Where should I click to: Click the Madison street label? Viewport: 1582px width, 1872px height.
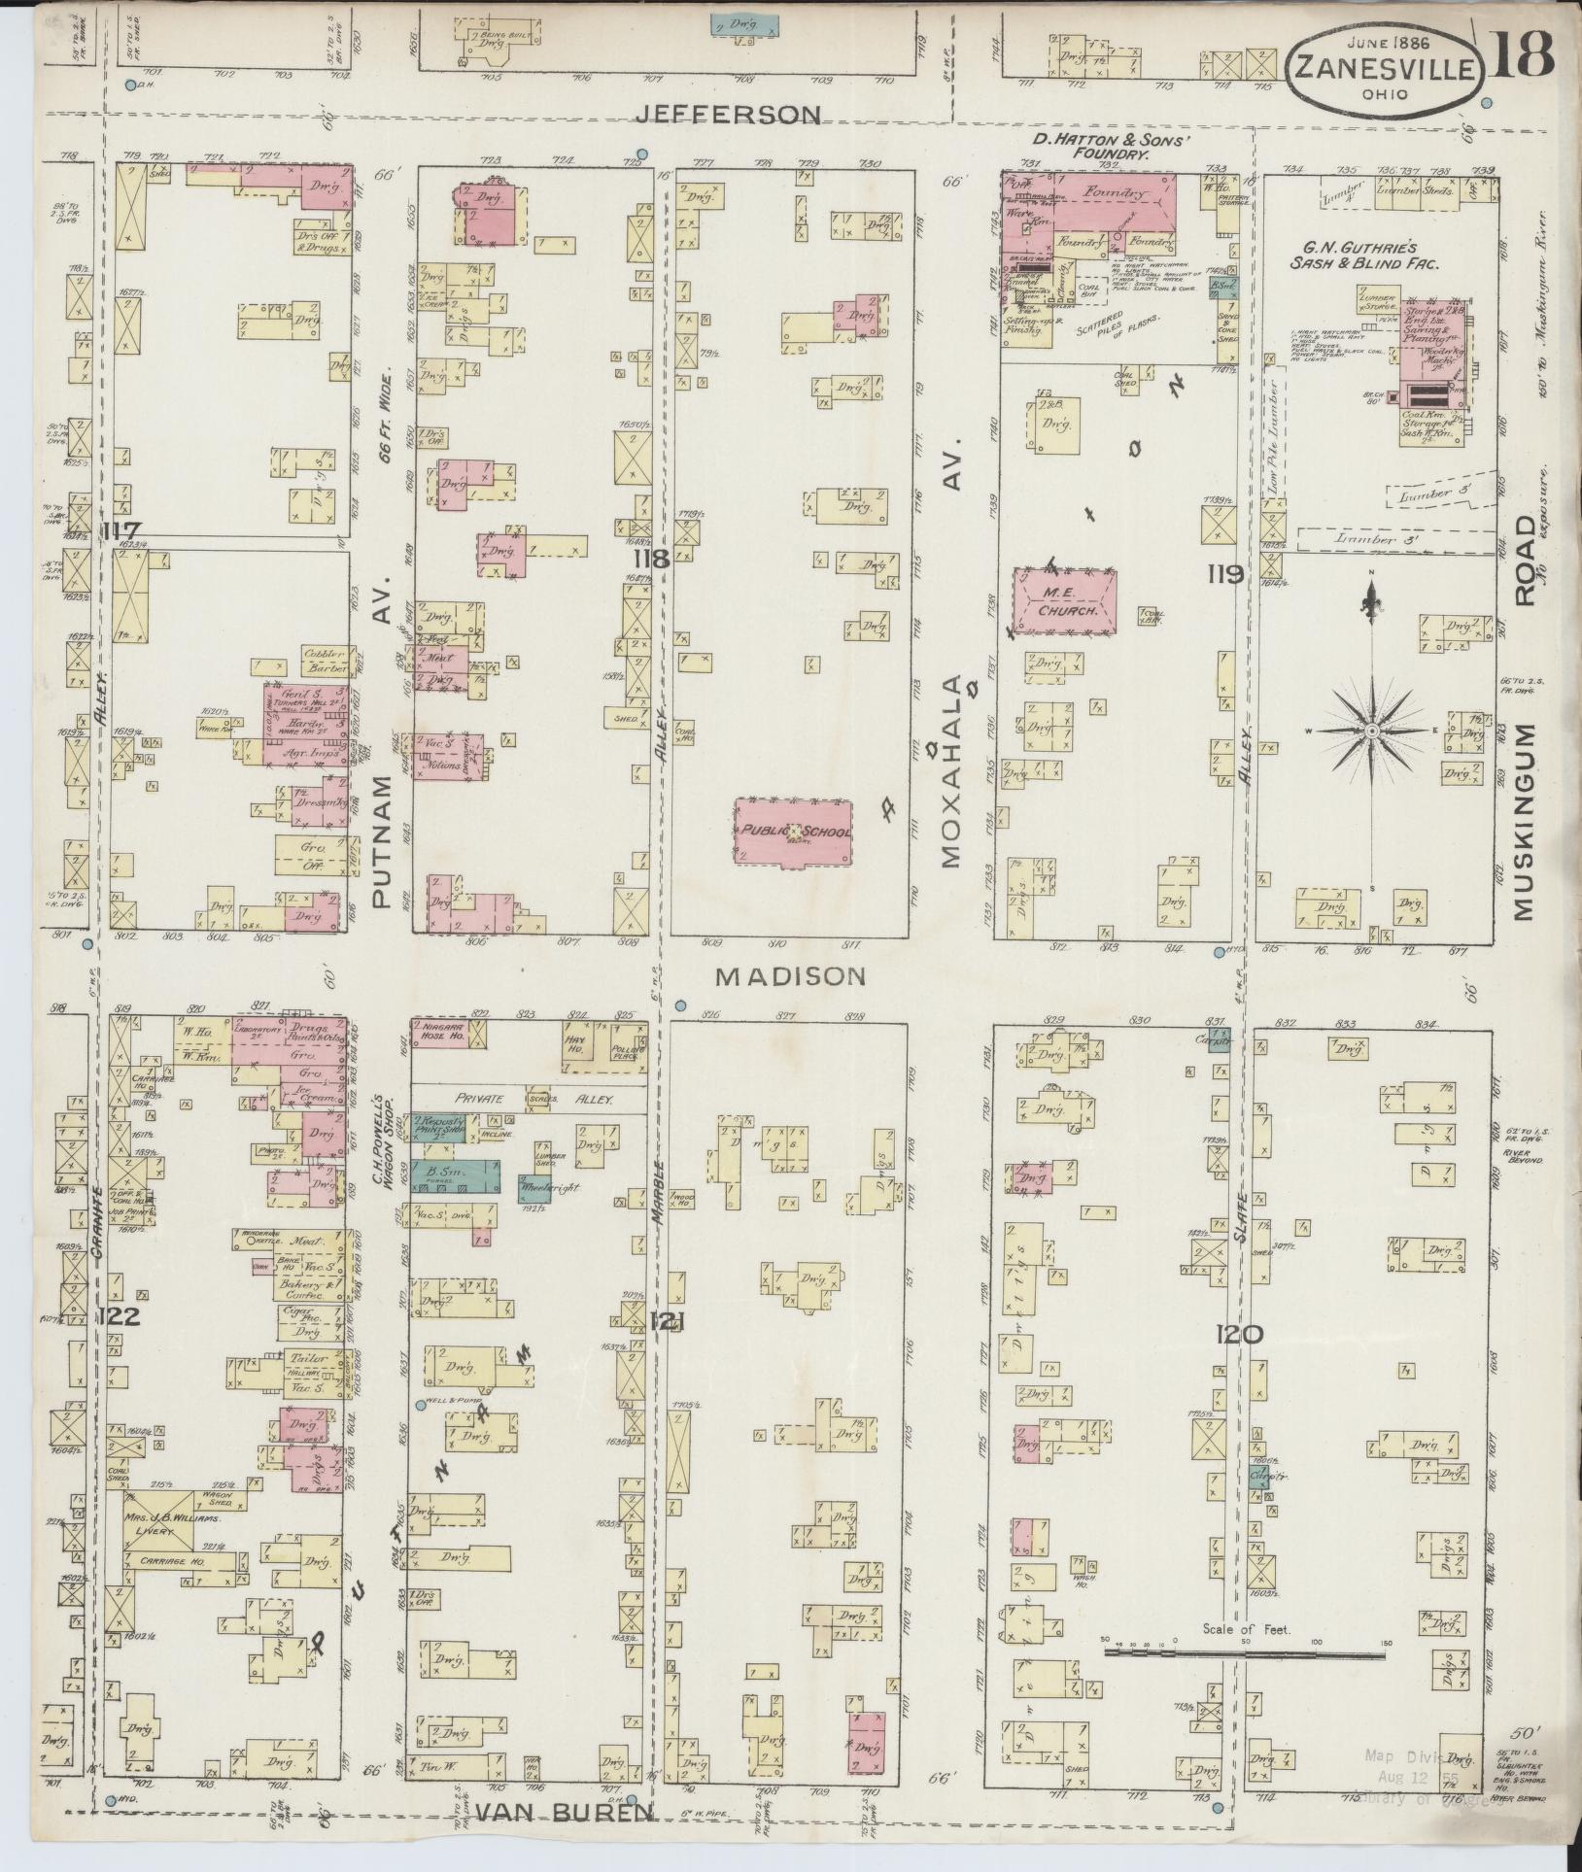point(789,976)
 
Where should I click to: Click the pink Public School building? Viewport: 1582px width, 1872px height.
point(793,832)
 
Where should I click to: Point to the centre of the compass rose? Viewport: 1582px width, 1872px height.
point(1370,731)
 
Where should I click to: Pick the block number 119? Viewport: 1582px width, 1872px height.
point(1224,574)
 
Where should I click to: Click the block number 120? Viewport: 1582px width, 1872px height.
point(1238,1335)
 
